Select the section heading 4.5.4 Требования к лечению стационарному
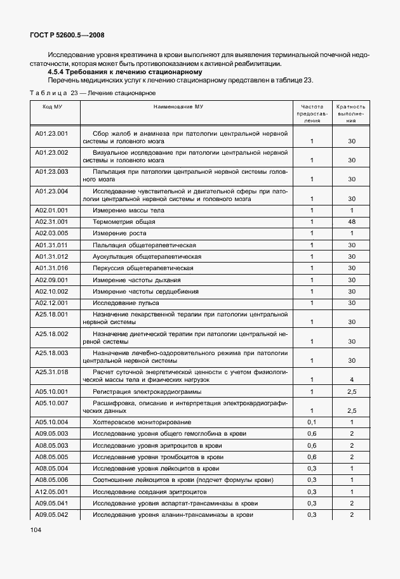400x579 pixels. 117,72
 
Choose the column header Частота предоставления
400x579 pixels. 312,113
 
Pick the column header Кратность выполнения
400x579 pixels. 351,113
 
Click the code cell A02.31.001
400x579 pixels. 51,221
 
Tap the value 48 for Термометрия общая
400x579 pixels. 351,221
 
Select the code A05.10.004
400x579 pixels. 51,422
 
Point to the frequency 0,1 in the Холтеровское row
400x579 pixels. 312,422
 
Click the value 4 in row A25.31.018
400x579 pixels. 351,379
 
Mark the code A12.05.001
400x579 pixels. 51,491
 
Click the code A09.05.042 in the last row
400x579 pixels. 51,514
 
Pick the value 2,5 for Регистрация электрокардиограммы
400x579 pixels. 351,392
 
